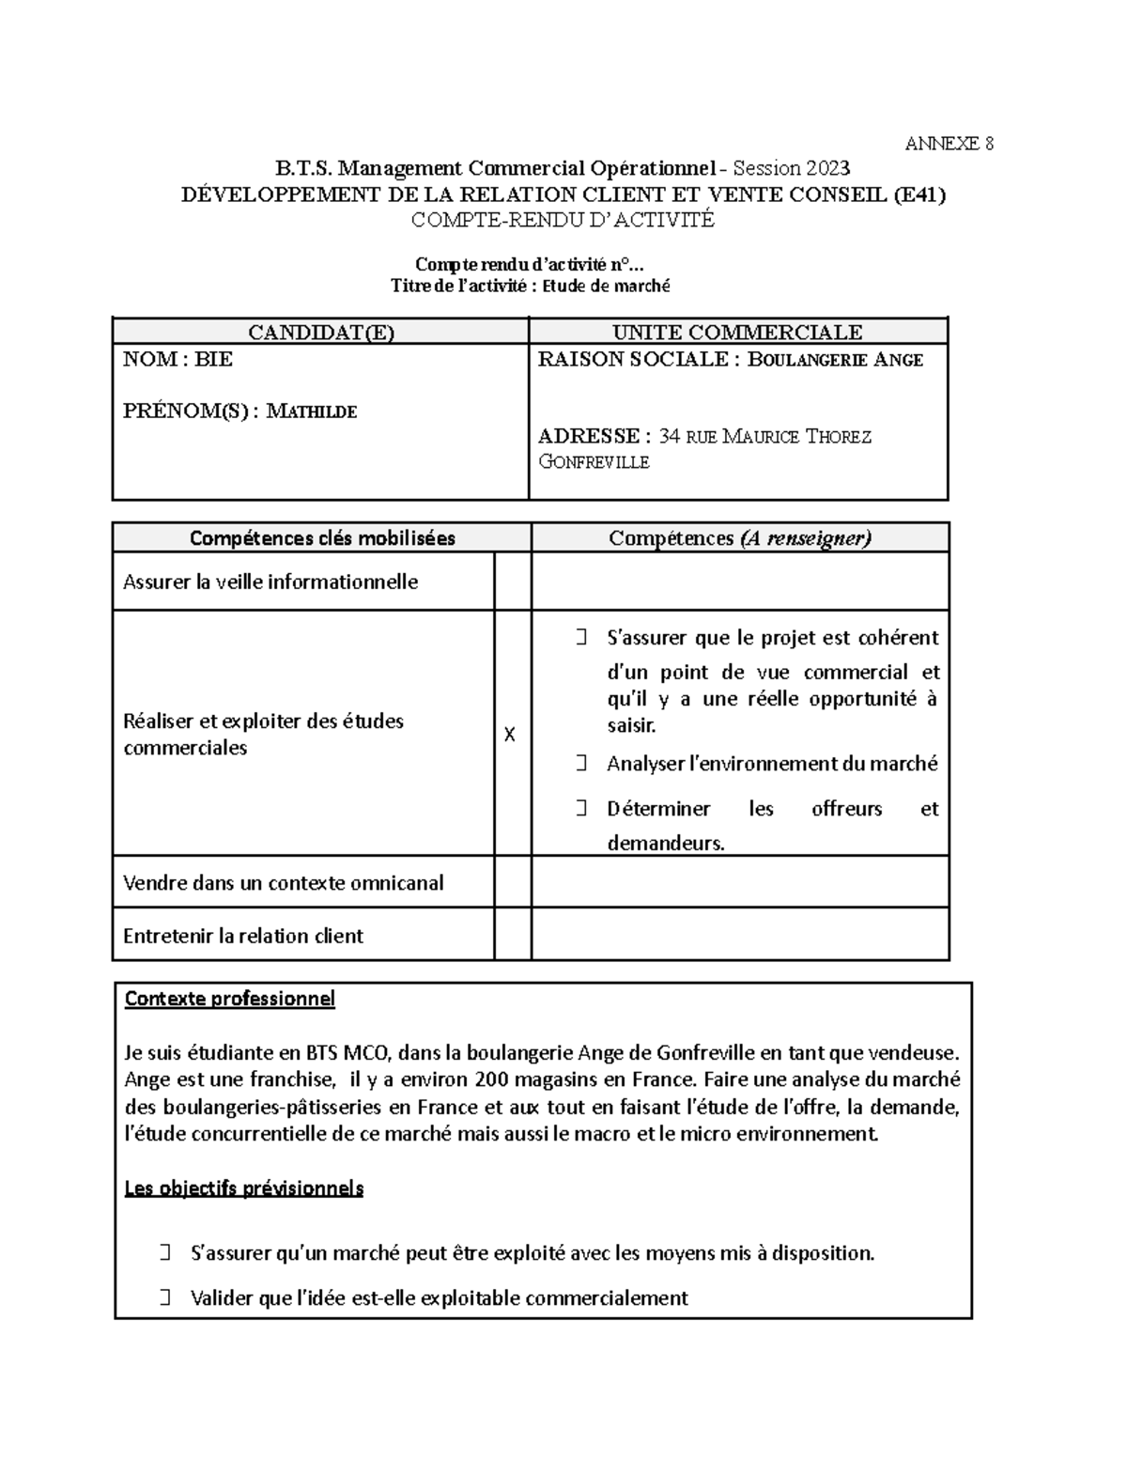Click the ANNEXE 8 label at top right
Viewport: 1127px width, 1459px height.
click(949, 144)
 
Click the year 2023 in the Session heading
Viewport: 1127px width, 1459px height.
click(826, 169)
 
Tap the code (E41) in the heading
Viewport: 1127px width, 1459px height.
click(919, 194)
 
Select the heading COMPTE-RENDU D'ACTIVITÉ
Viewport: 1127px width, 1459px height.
click(563, 220)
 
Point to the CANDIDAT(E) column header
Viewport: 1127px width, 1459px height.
click(320, 333)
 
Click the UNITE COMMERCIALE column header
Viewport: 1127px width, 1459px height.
click(737, 333)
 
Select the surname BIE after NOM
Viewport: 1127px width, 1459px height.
click(213, 360)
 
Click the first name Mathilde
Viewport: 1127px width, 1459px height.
click(312, 411)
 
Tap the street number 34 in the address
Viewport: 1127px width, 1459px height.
click(670, 437)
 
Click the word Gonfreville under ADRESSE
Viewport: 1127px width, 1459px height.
click(594, 462)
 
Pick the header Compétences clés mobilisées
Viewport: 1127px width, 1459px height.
click(322, 538)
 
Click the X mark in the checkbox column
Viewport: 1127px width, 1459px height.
click(509, 735)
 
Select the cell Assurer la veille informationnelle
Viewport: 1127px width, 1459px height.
click(270, 582)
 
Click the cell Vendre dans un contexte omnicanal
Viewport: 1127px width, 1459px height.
click(283, 883)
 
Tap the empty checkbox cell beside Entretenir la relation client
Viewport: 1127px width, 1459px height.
click(513, 936)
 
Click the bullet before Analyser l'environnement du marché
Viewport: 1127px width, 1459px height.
click(581, 764)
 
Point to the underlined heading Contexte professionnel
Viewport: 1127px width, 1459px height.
click(229, 999)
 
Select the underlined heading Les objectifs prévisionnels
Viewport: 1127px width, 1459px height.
click(243, 1188)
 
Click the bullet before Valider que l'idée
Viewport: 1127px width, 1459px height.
click(165, 1298)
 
